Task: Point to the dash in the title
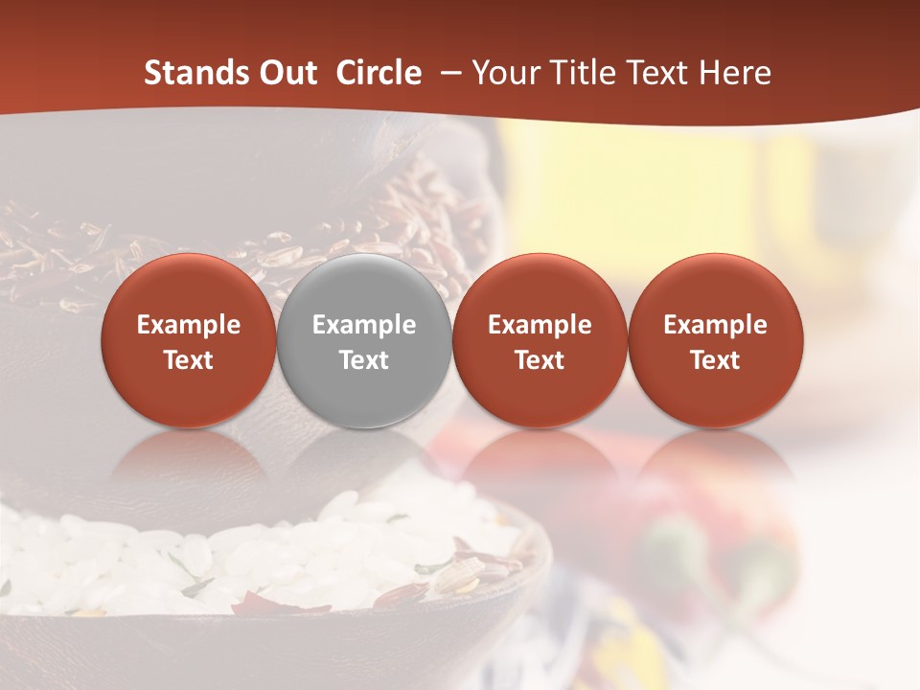click(447, 74)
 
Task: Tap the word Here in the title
click(735, 73)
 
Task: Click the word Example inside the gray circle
click(364, 325)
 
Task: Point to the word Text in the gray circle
click(364, 360)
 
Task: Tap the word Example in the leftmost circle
click(188, 325)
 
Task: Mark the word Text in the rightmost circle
click(715, 360)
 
